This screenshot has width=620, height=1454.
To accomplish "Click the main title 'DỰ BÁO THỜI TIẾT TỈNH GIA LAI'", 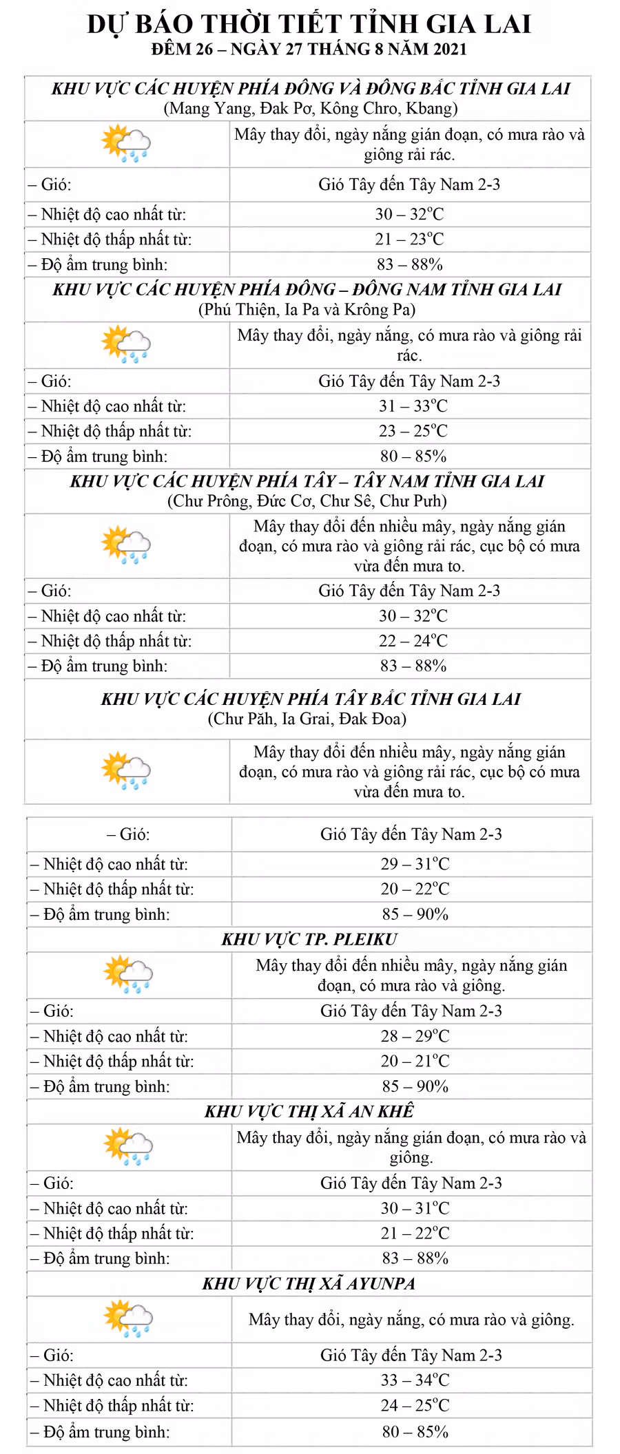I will point(309,24).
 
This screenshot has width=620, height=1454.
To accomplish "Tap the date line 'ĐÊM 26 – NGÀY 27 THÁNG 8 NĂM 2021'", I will point(309,50).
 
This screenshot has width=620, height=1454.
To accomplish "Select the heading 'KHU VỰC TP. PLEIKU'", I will point(309,939).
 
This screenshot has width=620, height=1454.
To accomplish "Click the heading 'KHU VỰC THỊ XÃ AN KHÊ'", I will point(309,1111).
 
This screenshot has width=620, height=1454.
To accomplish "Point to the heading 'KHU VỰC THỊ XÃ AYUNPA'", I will point(309,1283).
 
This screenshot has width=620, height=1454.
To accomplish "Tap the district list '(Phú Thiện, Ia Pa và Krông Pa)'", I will point(307,309).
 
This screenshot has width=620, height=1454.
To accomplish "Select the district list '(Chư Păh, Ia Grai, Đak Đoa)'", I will point(307,719).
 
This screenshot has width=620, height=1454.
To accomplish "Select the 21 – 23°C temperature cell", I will point(410,239).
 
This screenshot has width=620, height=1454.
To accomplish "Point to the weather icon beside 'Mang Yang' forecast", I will point(125,143).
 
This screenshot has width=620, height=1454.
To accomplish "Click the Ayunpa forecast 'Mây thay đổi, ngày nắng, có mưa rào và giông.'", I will point(411,1320).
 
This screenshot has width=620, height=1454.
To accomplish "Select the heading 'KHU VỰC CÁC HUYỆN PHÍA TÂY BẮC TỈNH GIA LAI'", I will point(311,699).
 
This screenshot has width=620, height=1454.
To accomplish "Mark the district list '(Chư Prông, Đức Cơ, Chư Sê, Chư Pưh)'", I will point(307,501).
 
